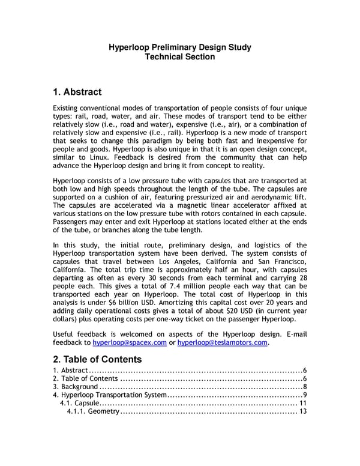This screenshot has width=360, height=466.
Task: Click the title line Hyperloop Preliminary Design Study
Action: tap(179, 47)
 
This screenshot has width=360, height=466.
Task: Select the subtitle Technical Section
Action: tap(179, 57)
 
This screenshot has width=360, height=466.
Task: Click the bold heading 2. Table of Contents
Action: tap(97, 359)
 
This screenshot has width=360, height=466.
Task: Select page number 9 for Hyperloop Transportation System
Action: tap(305, 395)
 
